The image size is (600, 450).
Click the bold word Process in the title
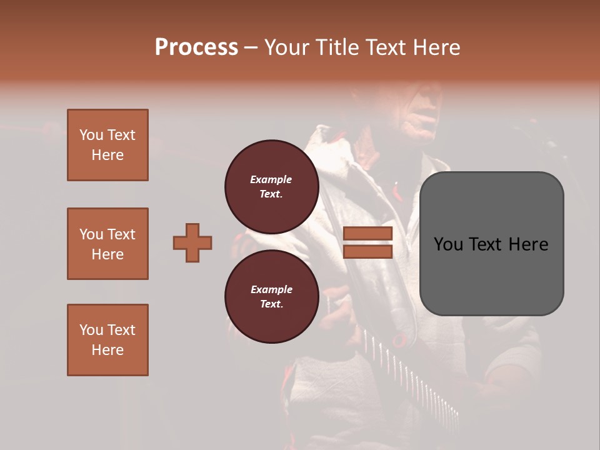point(196,47)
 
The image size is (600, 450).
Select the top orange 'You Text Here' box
point(107,145)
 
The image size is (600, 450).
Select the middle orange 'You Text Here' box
point(107,244)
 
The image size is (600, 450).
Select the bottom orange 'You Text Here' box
point(107,340)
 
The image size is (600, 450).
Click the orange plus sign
point(192,242)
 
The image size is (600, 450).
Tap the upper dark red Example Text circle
point(271,186)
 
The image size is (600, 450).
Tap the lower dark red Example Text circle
point(271,296)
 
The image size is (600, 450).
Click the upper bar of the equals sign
point(367,234)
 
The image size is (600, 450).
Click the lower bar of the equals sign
point(367,251)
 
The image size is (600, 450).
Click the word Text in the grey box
point(491,244)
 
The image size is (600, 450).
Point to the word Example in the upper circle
point(271,179)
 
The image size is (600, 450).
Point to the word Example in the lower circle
point(271,289)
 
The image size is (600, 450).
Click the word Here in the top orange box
point(107,155)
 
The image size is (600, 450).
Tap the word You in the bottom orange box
point(91,330)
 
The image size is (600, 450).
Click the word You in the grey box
point(449,244)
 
